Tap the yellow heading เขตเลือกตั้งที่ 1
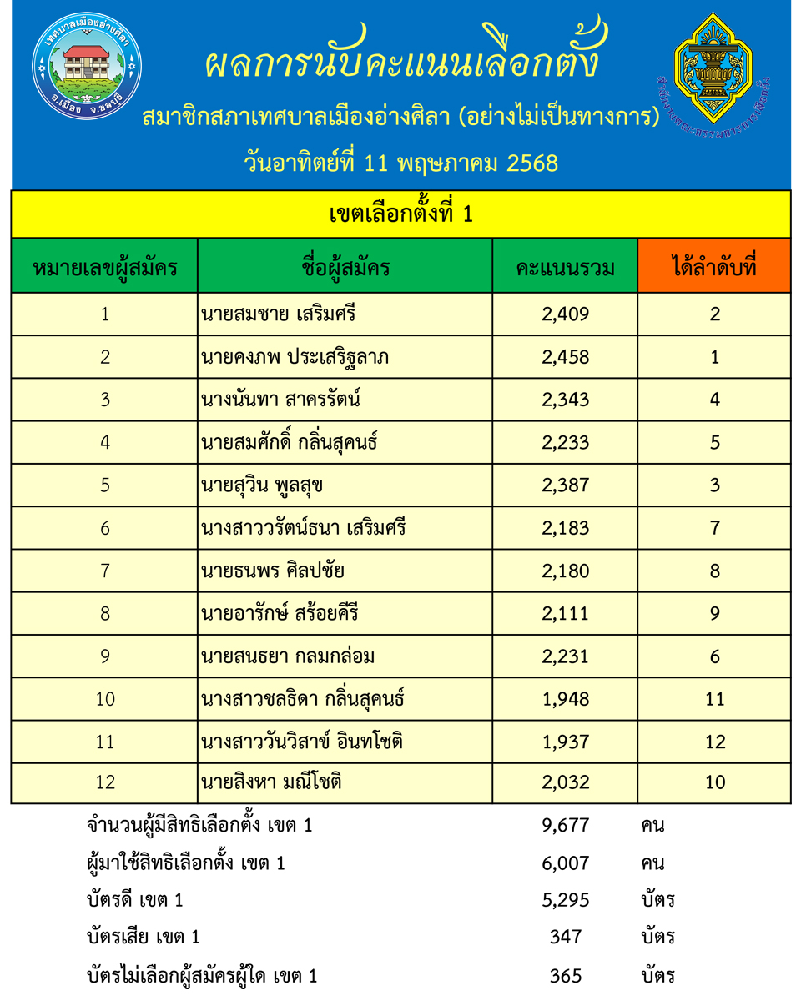tap(400, 214)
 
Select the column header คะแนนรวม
tap(565, 268)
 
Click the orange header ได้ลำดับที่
tap(714, 268)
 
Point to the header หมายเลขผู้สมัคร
tap(104, 268)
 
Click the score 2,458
tap(565, 357)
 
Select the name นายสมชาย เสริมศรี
tap(273, 314)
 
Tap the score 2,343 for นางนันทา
tap(565, 400)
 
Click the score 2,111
tap(565, 614)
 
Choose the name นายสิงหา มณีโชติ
tap(272, 782)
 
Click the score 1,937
tap(565, 741)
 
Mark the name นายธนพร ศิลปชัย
tap(273, 571)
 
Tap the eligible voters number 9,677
tap(565, 826)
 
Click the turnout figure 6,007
tap(565, 863)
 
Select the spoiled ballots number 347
tap(565, 937)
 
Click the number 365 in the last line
tap(565, 975)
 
